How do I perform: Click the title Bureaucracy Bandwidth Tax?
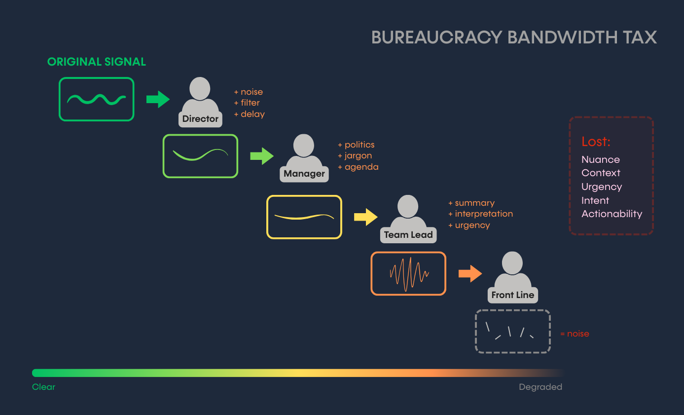tap(514, 38)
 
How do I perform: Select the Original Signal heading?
tap(97, 62)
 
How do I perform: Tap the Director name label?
tap(200, 119)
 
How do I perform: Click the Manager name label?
tap(304, 174)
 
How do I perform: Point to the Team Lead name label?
tap(408, 235)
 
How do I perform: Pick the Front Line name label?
tap(513, 295)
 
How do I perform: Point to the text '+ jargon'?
tap(355, 156)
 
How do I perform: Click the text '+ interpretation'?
tap(481, 214)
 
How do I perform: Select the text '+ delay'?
tap(250, 114)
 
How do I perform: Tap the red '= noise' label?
tap(575, 334)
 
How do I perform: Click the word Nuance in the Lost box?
tap(601, 159)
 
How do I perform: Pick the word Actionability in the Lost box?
tap(612, 214)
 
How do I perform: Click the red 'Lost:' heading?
tap(596, 142)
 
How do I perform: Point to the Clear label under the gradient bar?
tap(44, 387)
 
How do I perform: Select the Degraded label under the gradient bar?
tap(540, 387)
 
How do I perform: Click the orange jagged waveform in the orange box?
tap(409, 273)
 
